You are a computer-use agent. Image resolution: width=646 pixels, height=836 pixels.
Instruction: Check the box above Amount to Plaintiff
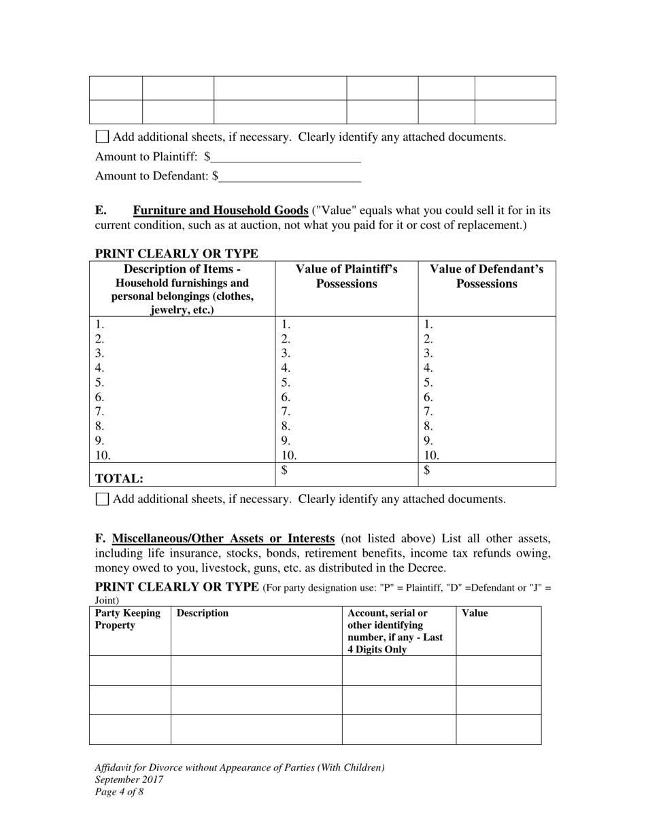click(x=102, y=137)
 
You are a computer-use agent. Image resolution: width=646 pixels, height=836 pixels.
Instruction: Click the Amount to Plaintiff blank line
click(x=286, y=158)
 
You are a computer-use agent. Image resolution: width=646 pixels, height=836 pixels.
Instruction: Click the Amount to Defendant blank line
click(x=290, y=177)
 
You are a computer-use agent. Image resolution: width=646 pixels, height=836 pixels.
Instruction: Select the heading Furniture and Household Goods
click(x=220, y=210)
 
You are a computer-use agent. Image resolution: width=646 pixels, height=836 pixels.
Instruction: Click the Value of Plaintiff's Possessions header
click(x=346, y=277)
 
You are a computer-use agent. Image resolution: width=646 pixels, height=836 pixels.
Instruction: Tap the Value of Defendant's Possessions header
click(x=486, y=277)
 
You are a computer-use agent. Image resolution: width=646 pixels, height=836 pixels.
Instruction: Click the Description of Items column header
click(x=182, y=289)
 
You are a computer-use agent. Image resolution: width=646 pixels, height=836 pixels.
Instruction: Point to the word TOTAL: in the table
click(x=119, y=478)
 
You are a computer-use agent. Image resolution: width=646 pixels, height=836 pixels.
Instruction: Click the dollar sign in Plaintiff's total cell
click(x=285, y=470)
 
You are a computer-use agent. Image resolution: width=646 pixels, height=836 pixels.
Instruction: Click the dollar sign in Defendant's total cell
click(x=427, y=470)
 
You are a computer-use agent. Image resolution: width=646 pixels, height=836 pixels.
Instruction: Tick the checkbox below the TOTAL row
click(x=102, y=499)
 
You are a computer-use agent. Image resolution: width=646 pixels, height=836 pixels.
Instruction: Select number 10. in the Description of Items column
click(x=103, y=455)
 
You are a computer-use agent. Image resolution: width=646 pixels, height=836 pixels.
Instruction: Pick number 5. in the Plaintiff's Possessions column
click(x=286, y=383)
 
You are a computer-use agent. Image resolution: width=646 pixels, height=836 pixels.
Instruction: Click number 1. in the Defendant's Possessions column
click(x=428, y=325)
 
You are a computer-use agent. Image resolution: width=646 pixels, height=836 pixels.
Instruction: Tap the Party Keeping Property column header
click(x=128, y=619)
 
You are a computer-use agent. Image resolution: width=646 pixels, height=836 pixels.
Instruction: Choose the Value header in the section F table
click(x=475, y=613)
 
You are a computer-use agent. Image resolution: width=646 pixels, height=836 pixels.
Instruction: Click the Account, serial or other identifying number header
click(x=394, y=631)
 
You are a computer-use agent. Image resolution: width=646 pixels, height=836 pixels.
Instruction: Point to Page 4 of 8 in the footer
click(x=119, y=792)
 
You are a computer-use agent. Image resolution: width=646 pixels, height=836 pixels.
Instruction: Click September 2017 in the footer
click(x=129, y=780)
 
